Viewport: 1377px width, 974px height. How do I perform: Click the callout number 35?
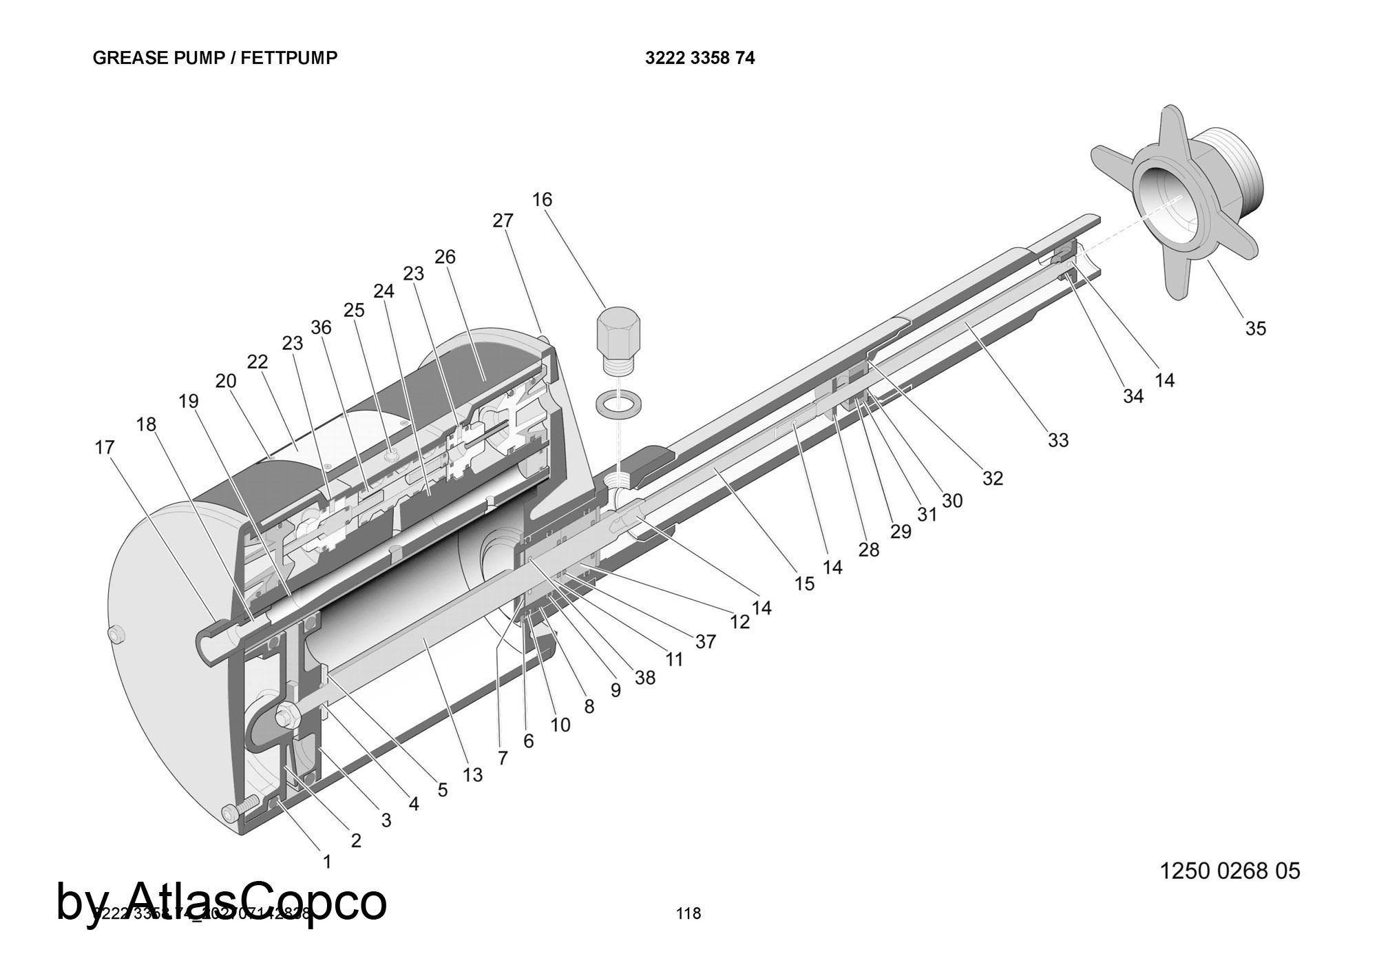coord(1255,329)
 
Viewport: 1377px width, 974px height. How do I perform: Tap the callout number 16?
coord(542,200)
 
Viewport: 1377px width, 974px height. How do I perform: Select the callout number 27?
coord(503,220)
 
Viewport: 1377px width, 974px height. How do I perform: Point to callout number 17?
coord(104,448)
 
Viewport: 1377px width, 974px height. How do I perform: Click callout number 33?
coord(1058,439)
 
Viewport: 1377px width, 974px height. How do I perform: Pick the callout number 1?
coord(327,861)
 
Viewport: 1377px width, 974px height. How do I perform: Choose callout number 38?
coord(644,678)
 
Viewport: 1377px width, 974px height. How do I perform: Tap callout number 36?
coord(321,327)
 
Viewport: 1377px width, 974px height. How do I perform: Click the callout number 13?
coord(472,775)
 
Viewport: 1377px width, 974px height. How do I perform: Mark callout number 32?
coord(992,477)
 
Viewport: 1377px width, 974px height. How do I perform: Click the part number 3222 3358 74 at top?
coord(700,58)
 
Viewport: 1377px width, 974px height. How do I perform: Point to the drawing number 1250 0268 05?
coord(1230,871)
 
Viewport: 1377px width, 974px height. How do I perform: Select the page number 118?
coord(688,913)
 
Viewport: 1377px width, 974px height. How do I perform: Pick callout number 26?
coord(445,256)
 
